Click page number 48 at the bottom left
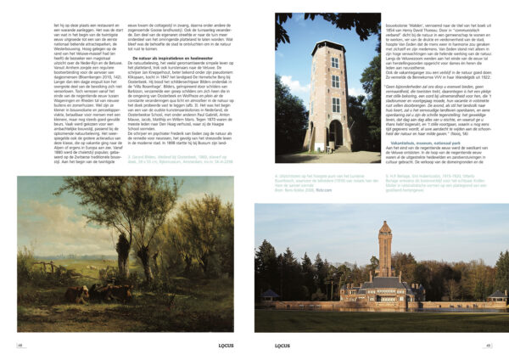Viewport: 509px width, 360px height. tap(20, 346)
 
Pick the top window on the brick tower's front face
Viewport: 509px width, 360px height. tap(335, 62)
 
